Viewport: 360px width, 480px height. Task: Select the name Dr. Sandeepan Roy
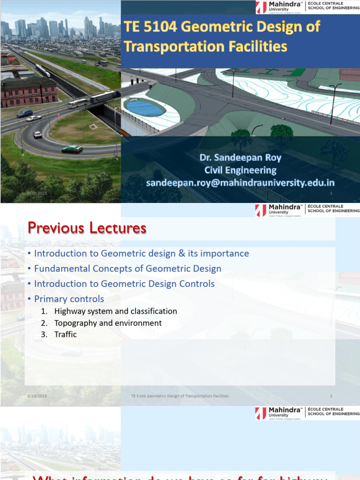pyautogui.click(x=240, y=158)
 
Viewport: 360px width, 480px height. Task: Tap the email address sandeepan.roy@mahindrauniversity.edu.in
pyautogui.click(x=240, y=182)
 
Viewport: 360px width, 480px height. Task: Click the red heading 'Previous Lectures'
pyautogui.click(x=87, y=228)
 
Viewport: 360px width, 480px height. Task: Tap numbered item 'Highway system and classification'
pyautogui.click(x=115, y=311)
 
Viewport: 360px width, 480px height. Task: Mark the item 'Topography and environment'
pyautogui.click(x=108, y=323)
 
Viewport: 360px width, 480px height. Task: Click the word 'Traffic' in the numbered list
pyautogui.click(x=65, y=335)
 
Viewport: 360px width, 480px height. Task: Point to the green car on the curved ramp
pyautogui.click(x=72, y=149)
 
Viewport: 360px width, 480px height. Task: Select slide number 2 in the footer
pyautogui.click(x=331, y=396)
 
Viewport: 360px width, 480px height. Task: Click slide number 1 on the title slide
pyautogui.click(x=331, y=193)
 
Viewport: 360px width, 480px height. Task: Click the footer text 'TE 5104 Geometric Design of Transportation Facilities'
pyautogui.click(x=180, y=396)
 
